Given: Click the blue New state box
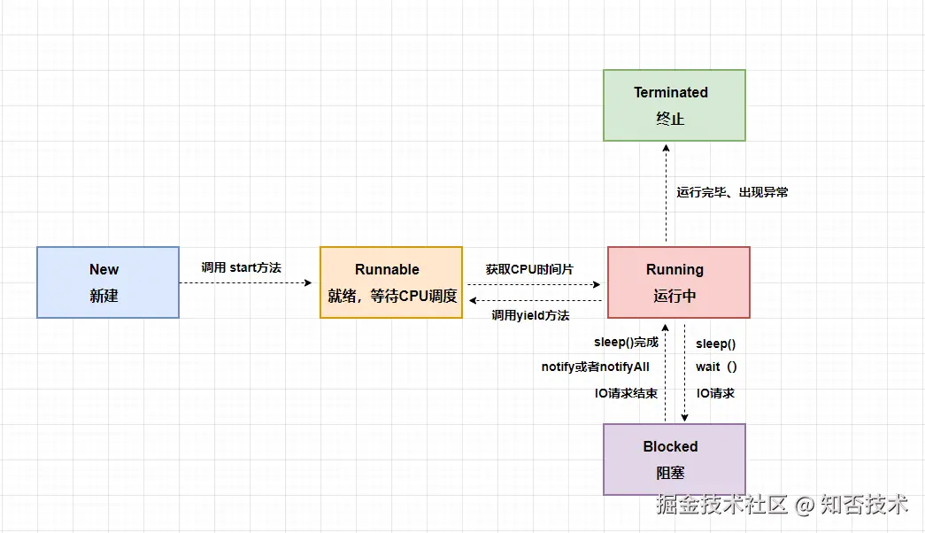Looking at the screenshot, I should [107, 282].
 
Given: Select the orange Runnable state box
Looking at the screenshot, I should [390, 282].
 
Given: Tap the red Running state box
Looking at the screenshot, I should [678, 282].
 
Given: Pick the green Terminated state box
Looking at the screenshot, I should [674, 105].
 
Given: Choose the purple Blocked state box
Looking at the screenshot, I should [674, 460].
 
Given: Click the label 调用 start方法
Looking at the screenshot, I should [241, 266].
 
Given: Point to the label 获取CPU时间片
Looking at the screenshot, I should [529, 268].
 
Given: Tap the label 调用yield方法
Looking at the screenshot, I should [530, 315].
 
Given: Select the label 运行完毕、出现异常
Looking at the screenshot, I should [732, 191].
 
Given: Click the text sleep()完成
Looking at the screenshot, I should [626, 343].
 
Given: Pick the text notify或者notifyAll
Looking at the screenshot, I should [596, 367].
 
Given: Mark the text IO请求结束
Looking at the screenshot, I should [626, 393].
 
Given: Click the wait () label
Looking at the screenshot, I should [716, 367].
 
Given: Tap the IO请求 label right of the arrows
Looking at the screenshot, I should [715, 393].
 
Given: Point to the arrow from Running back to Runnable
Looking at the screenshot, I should [535, 300].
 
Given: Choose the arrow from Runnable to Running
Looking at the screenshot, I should [535, 284].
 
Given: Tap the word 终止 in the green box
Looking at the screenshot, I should [670, 119].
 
